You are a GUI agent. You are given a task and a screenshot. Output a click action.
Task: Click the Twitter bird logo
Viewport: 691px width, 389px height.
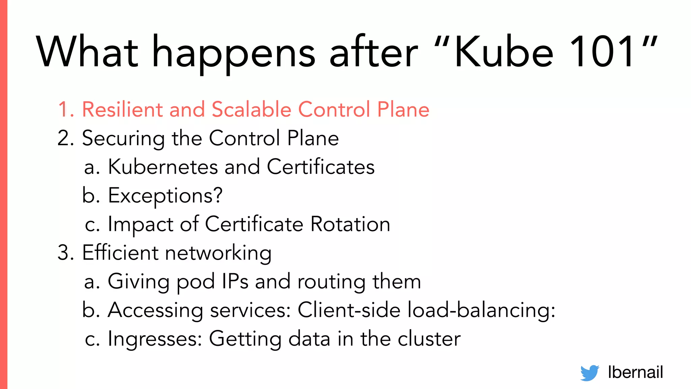[589, 373]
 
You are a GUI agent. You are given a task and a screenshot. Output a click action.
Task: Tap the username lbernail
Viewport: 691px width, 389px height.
[635, 372]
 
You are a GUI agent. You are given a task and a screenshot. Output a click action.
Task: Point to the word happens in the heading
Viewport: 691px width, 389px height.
[234, 54]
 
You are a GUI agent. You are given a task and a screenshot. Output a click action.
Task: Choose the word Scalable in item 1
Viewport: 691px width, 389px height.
[251, 109]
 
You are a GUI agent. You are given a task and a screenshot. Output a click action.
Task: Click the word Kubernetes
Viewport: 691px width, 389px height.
[163, 167]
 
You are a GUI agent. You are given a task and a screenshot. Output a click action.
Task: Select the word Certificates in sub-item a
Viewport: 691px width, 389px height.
[321, 167]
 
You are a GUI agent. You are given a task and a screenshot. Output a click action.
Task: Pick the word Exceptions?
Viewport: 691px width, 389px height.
[165, 196]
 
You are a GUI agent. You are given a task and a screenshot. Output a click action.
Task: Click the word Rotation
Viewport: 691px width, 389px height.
[350, 224]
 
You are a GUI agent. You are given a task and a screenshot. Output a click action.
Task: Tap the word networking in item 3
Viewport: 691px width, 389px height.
[218, 253]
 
